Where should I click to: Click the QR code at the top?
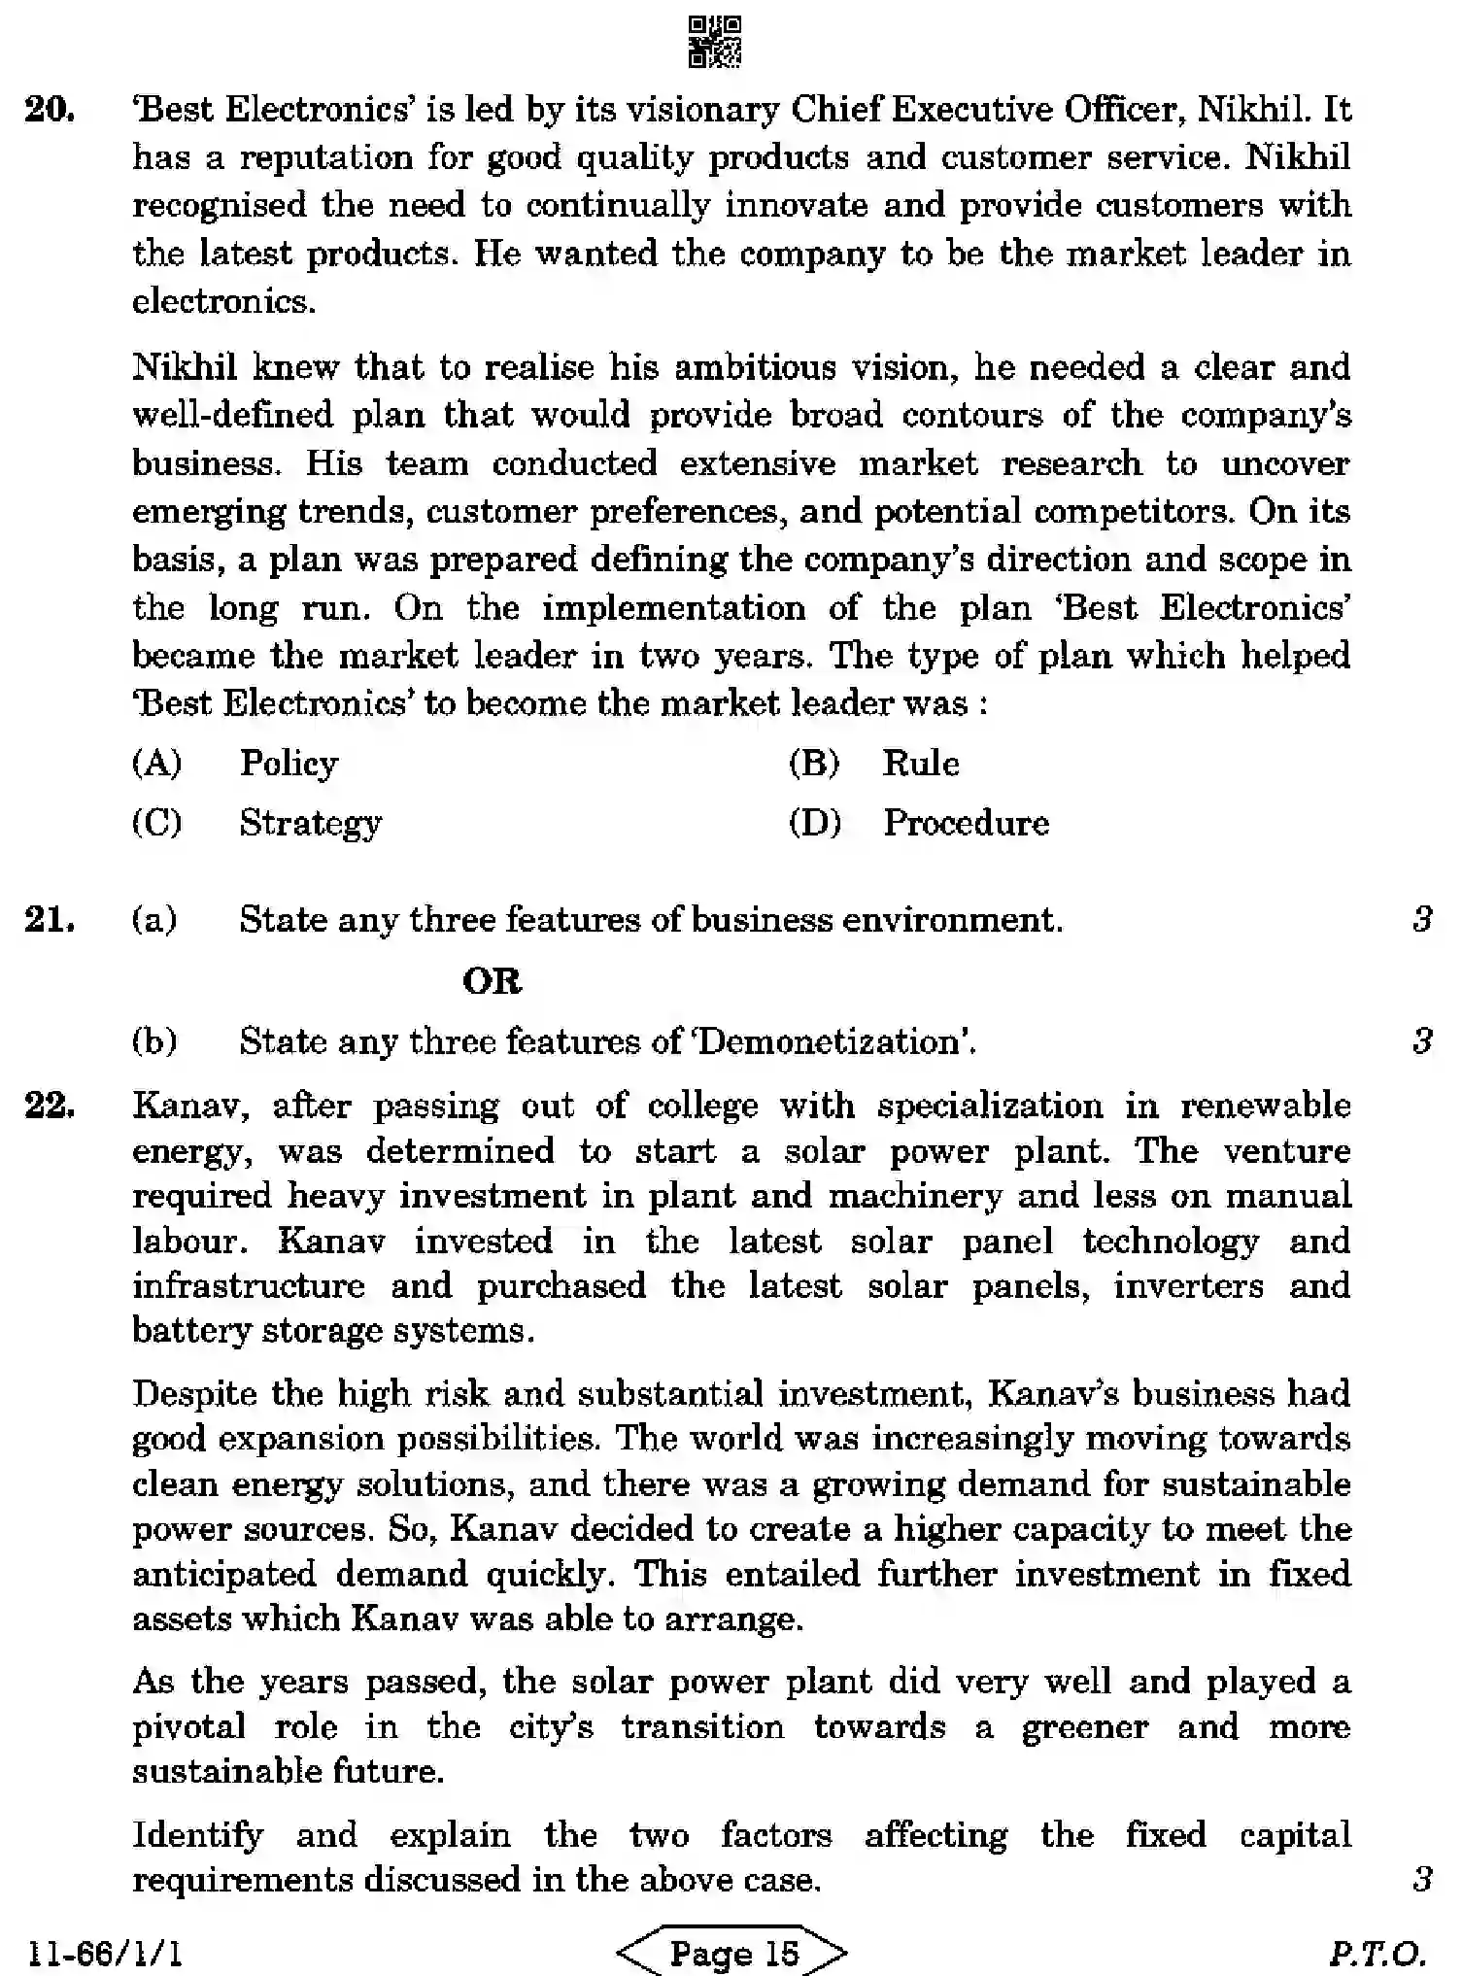coord(715,42)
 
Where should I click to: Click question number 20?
coord(50,109)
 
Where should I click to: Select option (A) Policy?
coord(288,764)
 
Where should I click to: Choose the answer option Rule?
coord(920,764)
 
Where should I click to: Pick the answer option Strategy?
coord(310,824)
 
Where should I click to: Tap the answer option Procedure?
coord(966,824)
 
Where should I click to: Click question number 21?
coord(50,919)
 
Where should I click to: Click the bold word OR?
coord(492,981)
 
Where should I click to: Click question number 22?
coord(50,1106)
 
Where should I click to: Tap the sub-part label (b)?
coord(154,1041)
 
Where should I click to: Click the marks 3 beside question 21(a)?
coord(1421,919)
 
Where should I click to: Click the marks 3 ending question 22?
coord(1421,1880)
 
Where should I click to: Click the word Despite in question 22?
coord(190,1394)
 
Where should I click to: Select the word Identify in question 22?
coord(196,1835)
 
